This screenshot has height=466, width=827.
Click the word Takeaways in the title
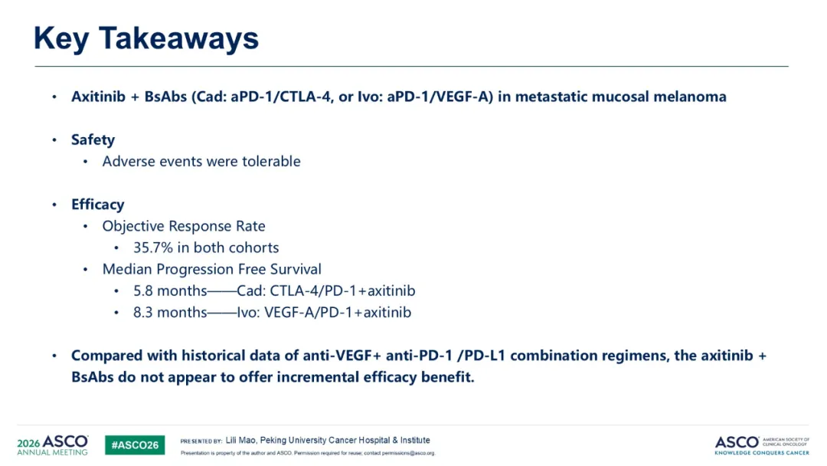178,39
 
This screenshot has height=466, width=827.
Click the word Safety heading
93,139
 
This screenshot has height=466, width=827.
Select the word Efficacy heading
97,204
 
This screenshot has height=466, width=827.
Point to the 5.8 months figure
170,290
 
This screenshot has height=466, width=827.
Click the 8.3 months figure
170,313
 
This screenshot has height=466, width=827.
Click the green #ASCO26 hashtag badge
135,445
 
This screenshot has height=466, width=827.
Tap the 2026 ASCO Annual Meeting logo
53,445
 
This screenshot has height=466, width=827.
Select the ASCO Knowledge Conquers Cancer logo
762,445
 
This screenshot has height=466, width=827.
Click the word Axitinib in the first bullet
99,97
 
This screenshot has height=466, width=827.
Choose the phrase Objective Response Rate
184,226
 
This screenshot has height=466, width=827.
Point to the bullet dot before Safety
54,139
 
